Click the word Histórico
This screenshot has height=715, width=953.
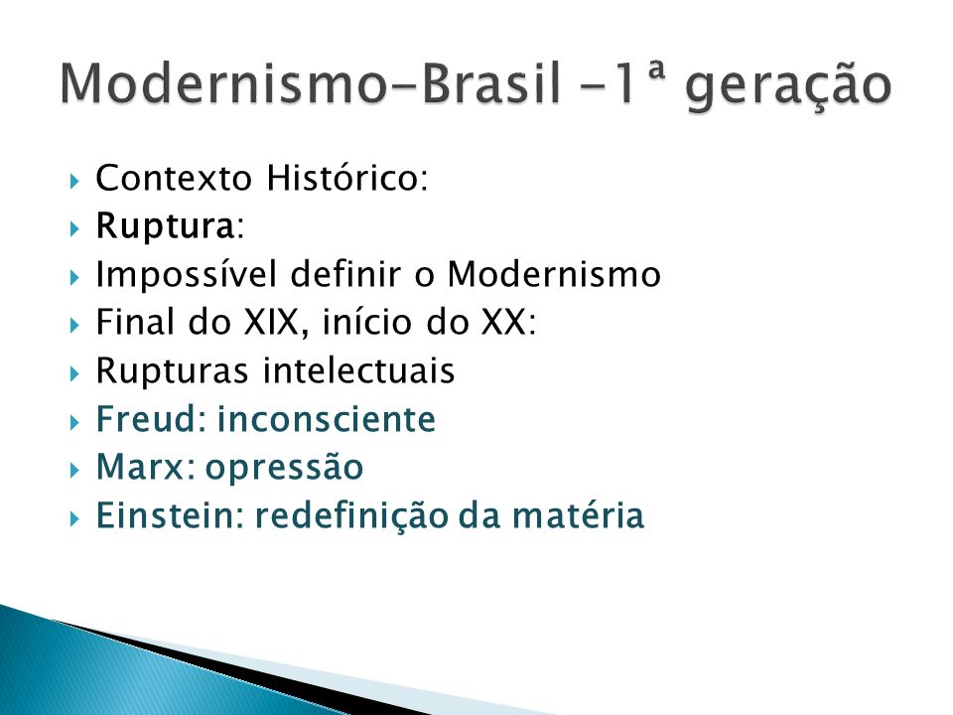(347, 178)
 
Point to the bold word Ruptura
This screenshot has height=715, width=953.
(165, 226)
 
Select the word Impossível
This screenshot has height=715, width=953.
(186, 274)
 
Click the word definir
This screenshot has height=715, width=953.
(345, 274)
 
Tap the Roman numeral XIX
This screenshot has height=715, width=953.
(271, 322)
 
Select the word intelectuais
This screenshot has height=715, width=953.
(358, 369)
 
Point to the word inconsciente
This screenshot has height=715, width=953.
(327, 419)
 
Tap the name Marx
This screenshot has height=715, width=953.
(140, 467)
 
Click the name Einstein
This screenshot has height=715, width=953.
(166, 515)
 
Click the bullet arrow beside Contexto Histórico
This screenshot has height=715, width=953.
(74, 181)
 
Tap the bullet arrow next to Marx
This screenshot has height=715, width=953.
(74, 470)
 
